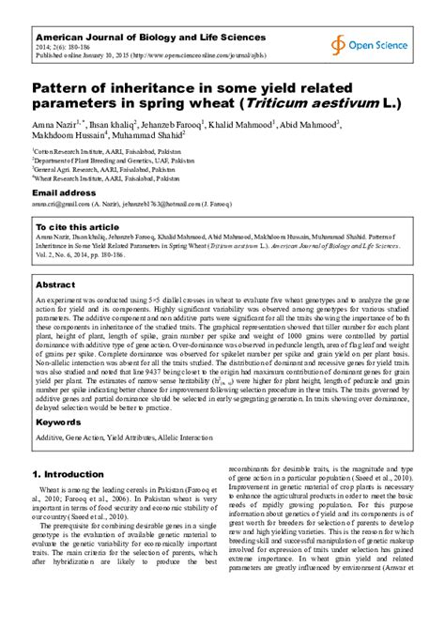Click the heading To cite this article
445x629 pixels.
[77, 227]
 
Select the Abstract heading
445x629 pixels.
[55, 284]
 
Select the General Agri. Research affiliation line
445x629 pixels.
[94, 167]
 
